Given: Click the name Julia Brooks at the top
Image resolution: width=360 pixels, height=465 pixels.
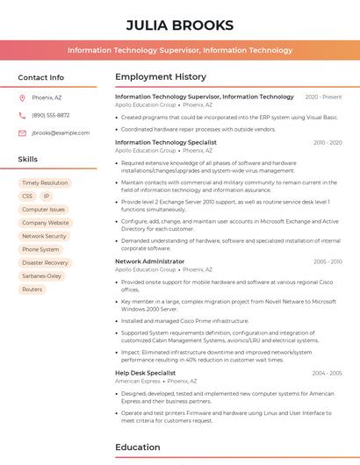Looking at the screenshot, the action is pyautogui.click(x=180, y=25).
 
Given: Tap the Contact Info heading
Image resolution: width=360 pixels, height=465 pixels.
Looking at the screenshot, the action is pyautogui.click(x=41, y=77).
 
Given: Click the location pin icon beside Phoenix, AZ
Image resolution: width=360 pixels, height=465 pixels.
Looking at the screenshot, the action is pyautogui.click(x=22, y=97).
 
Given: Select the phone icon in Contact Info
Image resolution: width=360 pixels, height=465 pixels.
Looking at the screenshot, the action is pyautogui.click(x=22, y=115).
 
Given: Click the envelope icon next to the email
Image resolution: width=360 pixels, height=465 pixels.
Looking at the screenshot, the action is pyautogui.click(x=22, y=132).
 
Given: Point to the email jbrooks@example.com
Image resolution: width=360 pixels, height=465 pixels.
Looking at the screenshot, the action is pyautogui.click(x=61, y=132).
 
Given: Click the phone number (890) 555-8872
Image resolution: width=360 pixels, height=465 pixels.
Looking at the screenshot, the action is pyautogui.click(x=50, y=115).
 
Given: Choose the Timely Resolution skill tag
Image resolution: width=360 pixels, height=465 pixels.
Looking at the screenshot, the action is pyautogui.click(x=44, y=182).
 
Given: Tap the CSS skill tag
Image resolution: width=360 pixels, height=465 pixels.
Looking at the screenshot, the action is pyautogui.click(x=27, y=197).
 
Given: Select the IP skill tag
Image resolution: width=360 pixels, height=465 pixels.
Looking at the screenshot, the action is pyautogui.click(x=47, y=197).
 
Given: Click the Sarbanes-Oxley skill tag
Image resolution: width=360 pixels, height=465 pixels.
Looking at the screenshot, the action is pyautogui.click(x=42, y=275).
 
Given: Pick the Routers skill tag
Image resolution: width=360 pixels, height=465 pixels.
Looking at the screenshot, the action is pyautogui.click(x=32, y=289).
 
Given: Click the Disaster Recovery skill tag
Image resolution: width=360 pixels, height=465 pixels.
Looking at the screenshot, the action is pyautogui.click(x=45, y=262).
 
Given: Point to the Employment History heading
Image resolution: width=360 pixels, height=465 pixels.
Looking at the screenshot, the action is pyautogui.click(x=161, y=77).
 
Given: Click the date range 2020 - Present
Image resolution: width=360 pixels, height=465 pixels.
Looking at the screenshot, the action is pyautogui.click(x=323, y=97).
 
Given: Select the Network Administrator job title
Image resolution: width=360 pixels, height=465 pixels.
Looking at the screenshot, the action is pyautogui.click(x=150, y=261).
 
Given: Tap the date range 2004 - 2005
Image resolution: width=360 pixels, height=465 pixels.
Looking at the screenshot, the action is pyautogui.click(x=327, y=373).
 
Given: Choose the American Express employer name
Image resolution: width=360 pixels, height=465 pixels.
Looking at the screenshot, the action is pyautogui.click(x=138, y=382).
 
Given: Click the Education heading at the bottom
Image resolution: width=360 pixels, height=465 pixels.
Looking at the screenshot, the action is pyautogui.click(x=138, y=447).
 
